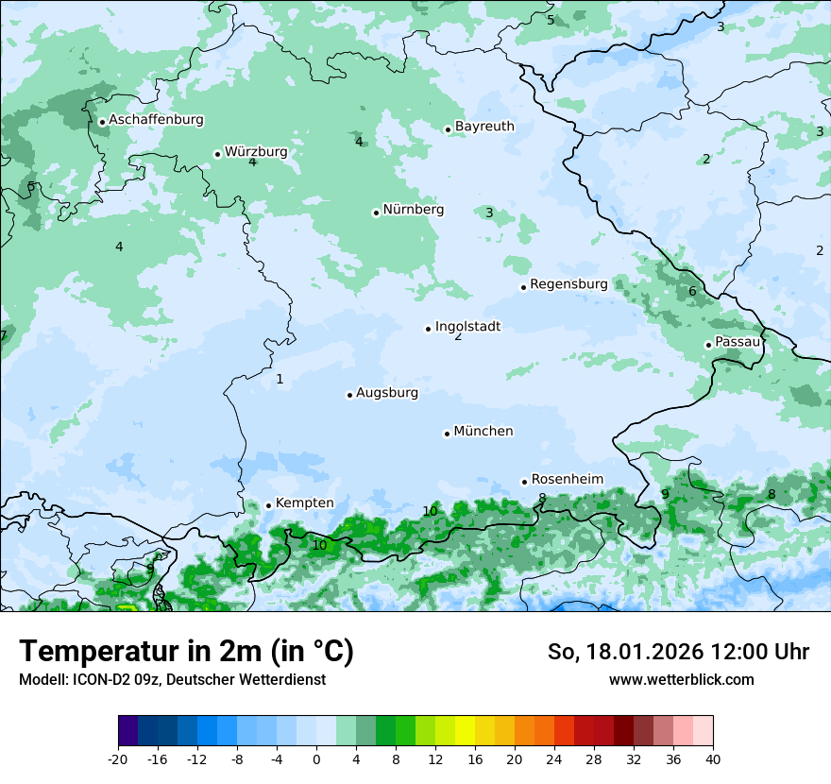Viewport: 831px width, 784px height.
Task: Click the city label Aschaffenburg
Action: [x=156, y=120]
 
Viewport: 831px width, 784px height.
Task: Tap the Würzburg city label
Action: [x=256, y=152]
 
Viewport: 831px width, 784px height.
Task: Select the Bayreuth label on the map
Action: [x=484, y=127]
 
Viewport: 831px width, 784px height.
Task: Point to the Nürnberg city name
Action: [x=413, y=210]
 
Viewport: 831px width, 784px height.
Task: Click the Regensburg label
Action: [x=568, y=284]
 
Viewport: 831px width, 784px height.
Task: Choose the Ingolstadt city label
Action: [x=467, y=327]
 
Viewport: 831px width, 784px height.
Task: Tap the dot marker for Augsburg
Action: [x=349, y=395]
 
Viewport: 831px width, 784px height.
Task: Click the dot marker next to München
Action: [x=447, y=434]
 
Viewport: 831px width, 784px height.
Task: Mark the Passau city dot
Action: [x=708, y=345]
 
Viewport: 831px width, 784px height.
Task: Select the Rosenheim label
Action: [x=567, y=480]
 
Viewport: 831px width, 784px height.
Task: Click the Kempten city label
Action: [x=304, y=503]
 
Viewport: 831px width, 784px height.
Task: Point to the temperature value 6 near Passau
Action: [x=692, y=292]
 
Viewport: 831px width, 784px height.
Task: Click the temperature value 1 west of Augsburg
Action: [x=280, y=380]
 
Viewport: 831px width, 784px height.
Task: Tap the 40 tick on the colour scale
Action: [x=712, y=759]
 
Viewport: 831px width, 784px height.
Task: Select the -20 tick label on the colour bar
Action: [x=118, y=759]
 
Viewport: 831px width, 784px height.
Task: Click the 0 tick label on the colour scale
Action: [x=316, y=759]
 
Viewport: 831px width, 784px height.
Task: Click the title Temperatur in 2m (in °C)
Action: [x=186, y=652]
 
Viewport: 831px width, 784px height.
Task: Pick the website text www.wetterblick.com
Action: [x=681, y=680]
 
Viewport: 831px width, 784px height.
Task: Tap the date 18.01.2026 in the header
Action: [x=639, y=652]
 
